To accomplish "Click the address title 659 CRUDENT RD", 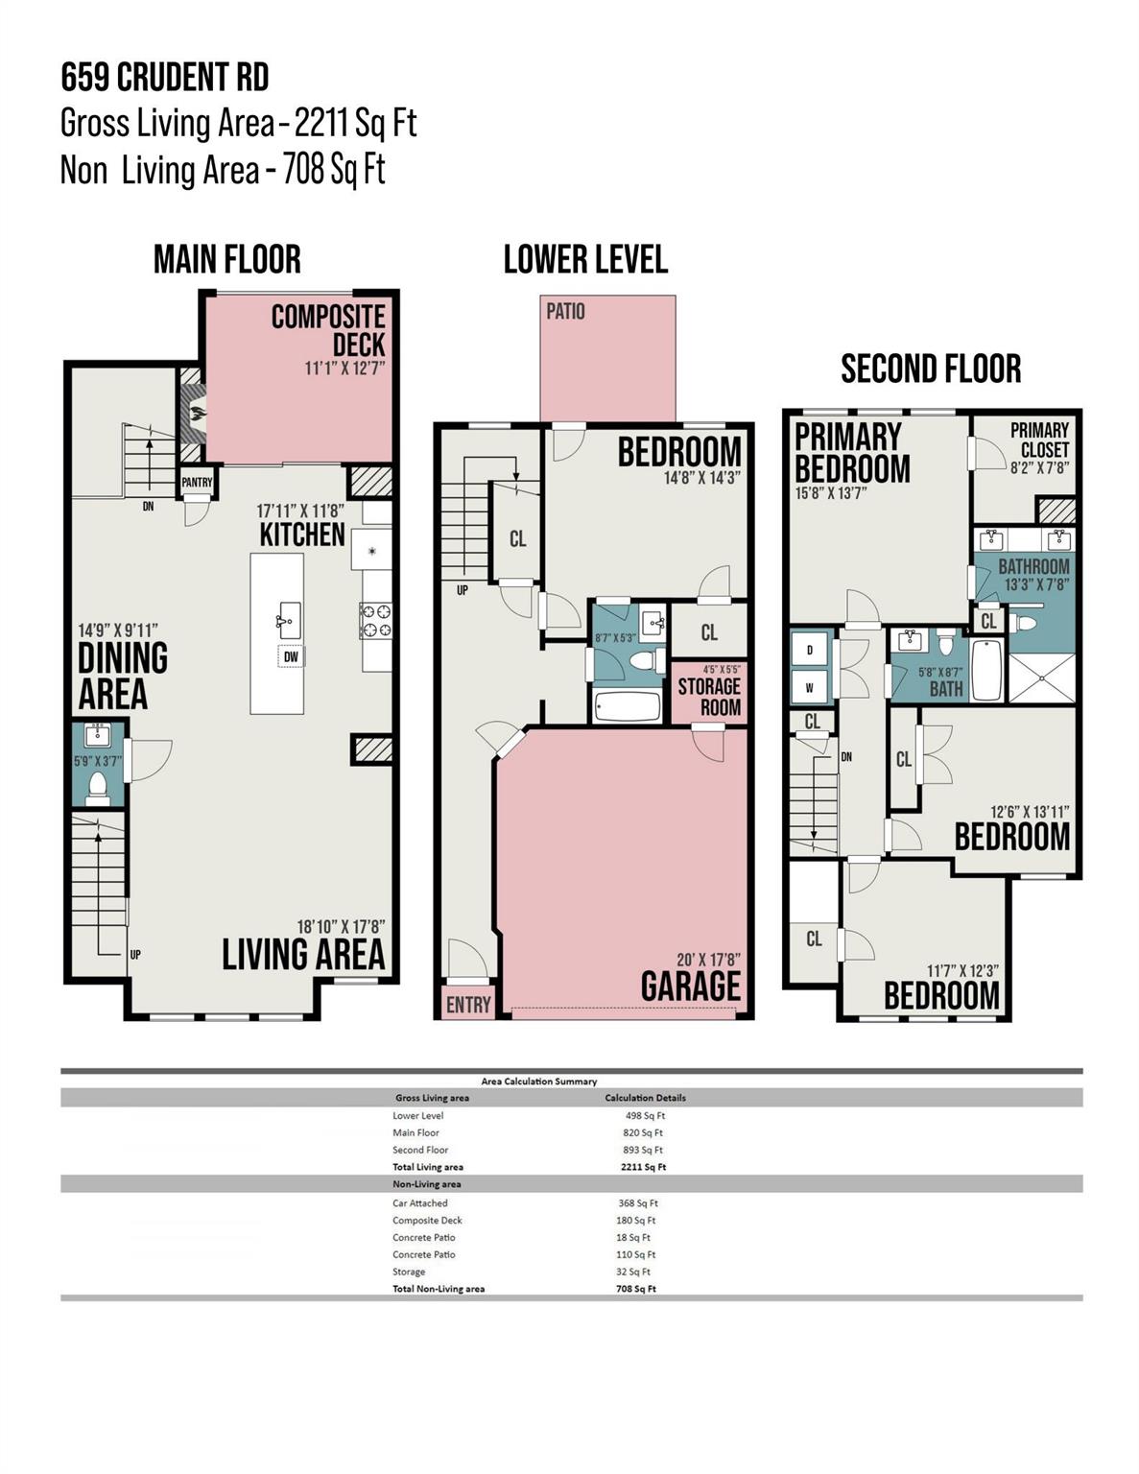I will [x=164, y=78].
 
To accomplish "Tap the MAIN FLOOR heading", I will [x=227, y=259].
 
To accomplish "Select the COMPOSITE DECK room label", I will [x=328, y=330].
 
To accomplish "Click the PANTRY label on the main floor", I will [x=197, y=482].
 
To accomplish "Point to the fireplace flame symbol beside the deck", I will [x=196, y=415].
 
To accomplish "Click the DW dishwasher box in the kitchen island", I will [x=290, y=656].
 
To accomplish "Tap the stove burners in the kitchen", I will [x=375, y=620].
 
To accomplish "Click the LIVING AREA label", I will [x=303, y=954].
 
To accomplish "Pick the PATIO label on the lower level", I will [x=565, y=312].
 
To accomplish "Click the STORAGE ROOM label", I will [x=709, y=697].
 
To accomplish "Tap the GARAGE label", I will [x=691, y=987].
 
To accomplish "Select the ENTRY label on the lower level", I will [x=468, y=1005].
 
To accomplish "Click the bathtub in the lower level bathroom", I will [x=628, y=707].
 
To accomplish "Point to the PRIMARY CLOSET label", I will [x=1039, y=440].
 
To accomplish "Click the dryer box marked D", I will [x=810, y=650].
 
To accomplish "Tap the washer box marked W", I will [x=810, y=686].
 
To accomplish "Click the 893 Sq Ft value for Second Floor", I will [x=643, y=1150].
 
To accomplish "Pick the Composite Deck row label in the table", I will [x=427, y=1221].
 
